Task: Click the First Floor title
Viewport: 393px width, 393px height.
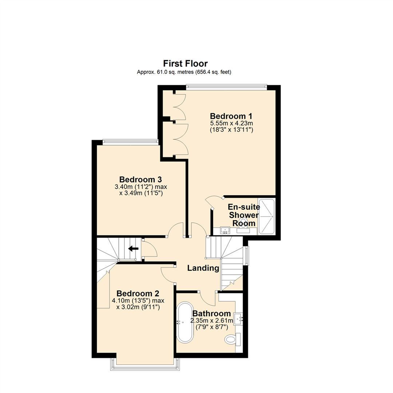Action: click(185, 64)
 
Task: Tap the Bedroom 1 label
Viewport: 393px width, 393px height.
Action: click(229, 116)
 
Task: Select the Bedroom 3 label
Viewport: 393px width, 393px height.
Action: click(140, 179)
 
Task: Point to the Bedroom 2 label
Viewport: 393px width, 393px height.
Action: click(138, 293)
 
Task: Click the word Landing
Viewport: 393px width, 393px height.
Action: click(203, 269)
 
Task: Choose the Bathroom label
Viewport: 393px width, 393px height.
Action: click(211, 313)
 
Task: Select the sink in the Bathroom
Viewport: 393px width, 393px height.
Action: click(238, 319)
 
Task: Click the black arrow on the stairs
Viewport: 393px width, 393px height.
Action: click(133, 249)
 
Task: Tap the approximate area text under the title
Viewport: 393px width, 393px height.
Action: click(184, 72)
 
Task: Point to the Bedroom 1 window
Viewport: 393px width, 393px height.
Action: click(226, 87)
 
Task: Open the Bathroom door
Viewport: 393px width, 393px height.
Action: click(207, 298)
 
